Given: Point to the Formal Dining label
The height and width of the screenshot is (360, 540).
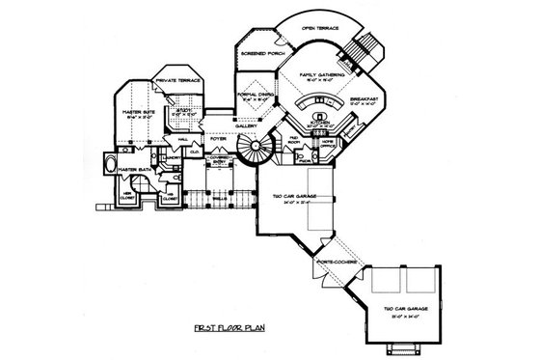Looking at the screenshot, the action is click(x=253, y=94).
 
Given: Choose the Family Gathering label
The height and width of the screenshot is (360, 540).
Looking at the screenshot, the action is click(x=323, y=74).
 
